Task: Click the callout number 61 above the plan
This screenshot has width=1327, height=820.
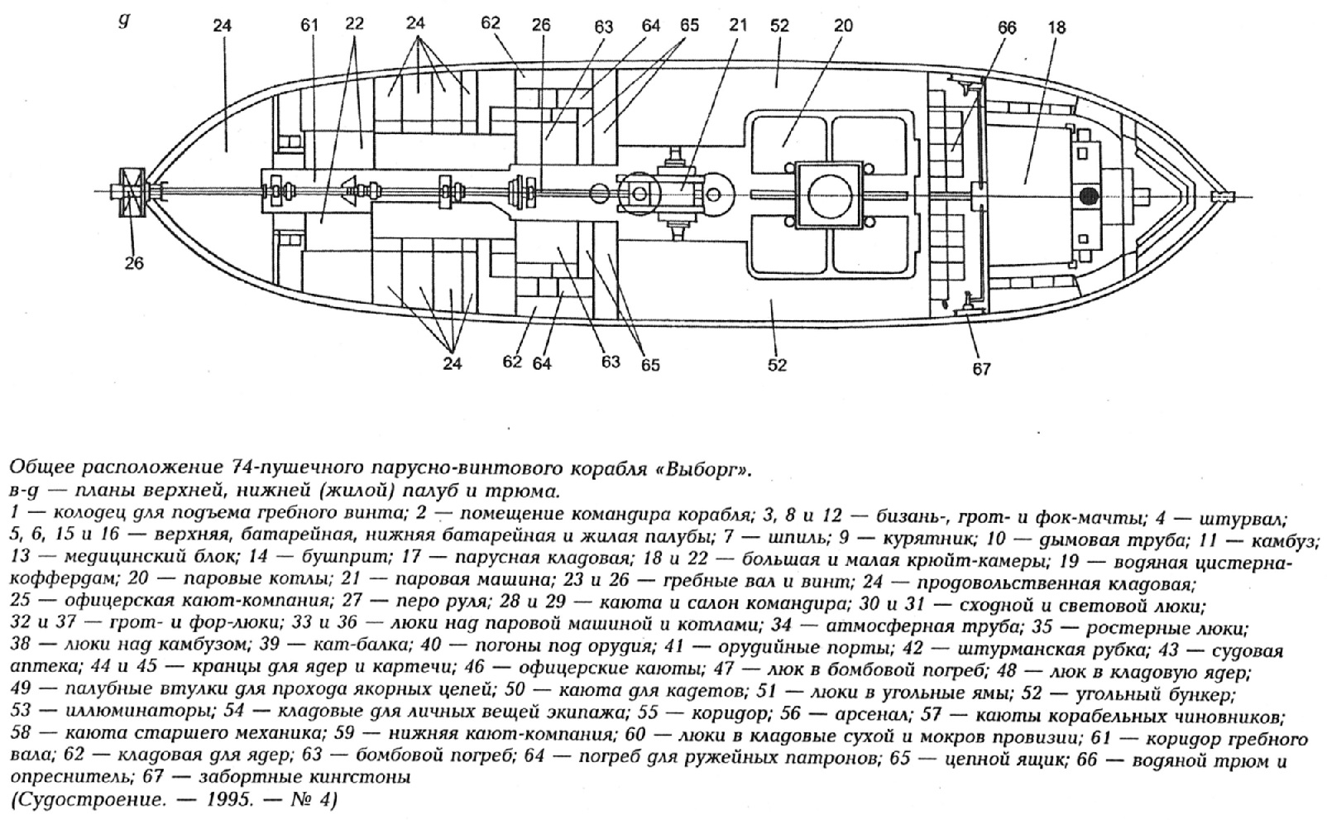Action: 309,25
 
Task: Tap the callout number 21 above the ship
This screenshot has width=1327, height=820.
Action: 738,25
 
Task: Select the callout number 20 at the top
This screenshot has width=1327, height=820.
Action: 843,26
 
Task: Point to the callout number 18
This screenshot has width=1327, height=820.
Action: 1056,27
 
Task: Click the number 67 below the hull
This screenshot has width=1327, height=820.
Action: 982,369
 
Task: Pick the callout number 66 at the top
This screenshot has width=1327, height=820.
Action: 1007,27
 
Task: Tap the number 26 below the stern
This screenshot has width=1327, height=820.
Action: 134,263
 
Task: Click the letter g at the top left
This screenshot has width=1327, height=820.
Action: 124,21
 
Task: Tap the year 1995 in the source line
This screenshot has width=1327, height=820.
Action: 229,800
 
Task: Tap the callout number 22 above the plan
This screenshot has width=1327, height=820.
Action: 354,25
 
